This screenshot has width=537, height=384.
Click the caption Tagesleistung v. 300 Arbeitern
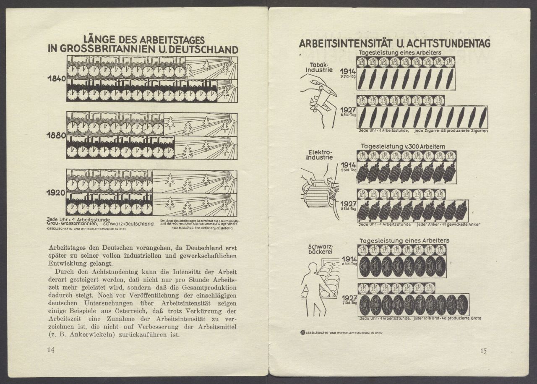403,146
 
